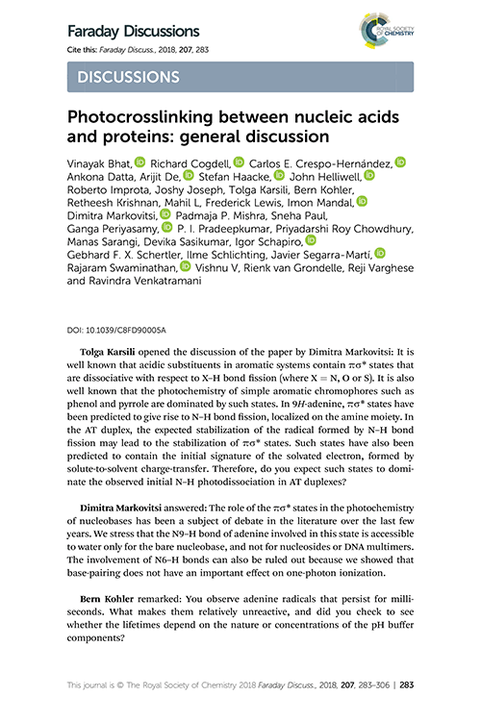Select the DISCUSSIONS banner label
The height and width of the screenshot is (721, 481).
129,76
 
